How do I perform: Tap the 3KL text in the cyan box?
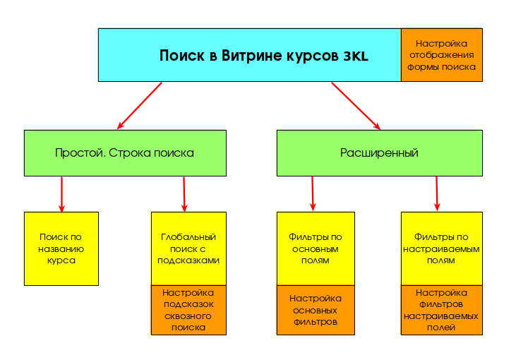[356, 56]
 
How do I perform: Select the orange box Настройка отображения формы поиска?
[442, 55]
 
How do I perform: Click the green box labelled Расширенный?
[380, 153]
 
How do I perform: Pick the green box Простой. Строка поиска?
[125, 153]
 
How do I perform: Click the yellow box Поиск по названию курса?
[61, 248]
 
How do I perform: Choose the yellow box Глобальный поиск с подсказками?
[188, 248]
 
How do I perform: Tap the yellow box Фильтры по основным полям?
[316, 248]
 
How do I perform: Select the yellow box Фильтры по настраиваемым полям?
[442, 248]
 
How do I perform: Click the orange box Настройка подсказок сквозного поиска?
[188, 311]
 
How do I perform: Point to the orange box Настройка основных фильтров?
[316, 311]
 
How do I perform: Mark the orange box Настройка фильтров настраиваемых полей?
[442, 311]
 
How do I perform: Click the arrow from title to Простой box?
[140, 106]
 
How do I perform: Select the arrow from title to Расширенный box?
[356, 106]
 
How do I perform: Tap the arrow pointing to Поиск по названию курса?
[61, 195]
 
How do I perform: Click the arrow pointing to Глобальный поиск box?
[184, 195]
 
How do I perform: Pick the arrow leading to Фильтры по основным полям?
[313, 194]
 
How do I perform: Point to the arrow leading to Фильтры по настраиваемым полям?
[437, 194]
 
